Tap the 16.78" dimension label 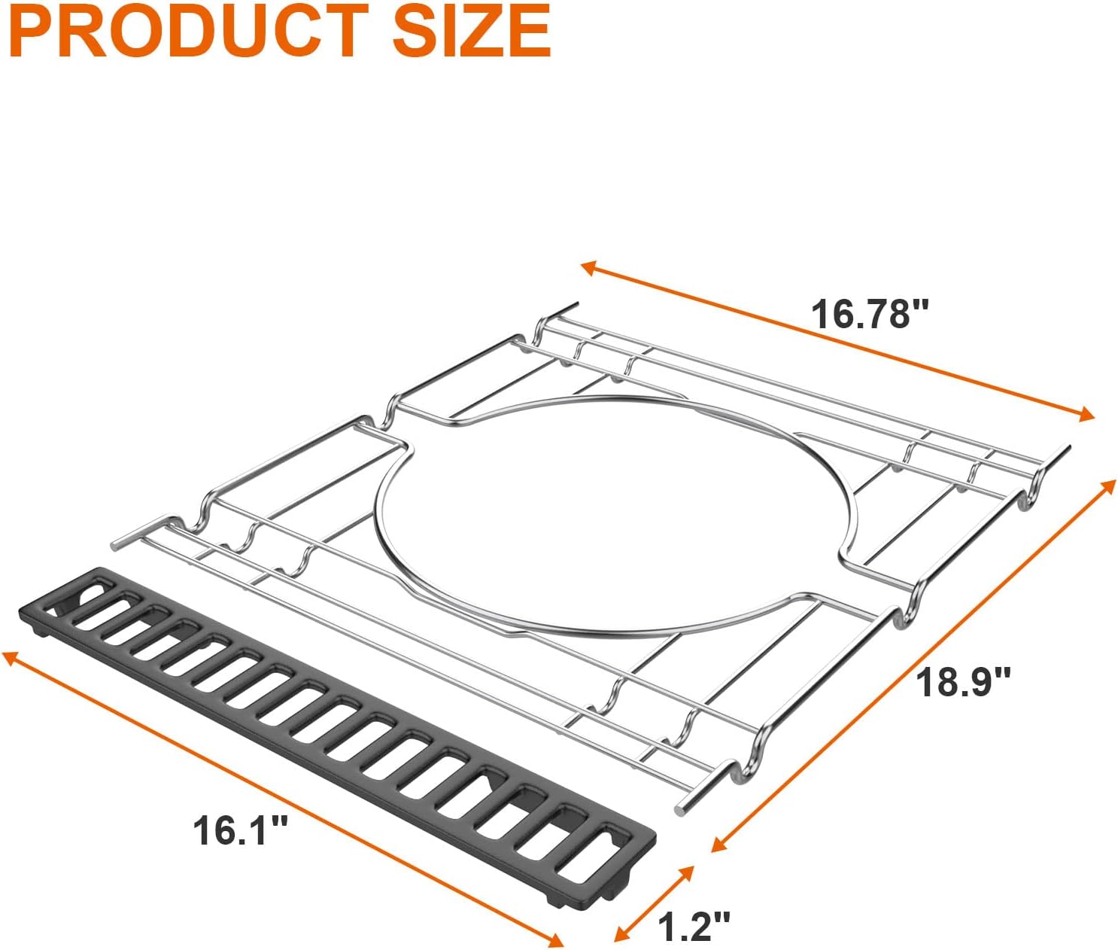point(870,314)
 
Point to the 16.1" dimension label point(241,830)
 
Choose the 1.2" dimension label point(694,926)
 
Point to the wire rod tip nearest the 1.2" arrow point(681,809)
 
